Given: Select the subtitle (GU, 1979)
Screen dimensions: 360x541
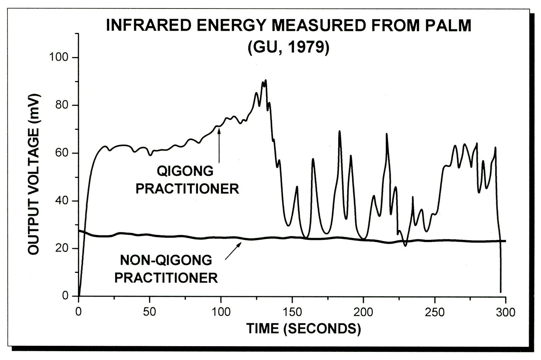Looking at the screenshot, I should click(x=288, y=47).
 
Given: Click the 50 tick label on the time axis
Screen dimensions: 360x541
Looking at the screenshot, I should click(x=150, y=312).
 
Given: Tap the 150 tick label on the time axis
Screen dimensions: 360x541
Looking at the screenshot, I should click(x=292, y=312).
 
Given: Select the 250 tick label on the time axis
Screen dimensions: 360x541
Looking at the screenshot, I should click(x=435, y=312).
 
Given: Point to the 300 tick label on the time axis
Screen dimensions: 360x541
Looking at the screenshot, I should click(x=506, y=312).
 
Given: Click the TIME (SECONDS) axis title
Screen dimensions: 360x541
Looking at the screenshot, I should click(x=304, y=329).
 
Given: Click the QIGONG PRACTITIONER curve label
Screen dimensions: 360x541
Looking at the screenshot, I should click(x=187, y=180).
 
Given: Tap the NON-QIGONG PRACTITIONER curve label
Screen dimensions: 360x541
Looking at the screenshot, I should click(x=166, y=269).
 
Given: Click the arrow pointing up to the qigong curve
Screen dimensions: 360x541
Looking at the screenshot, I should click(x=219, y=145).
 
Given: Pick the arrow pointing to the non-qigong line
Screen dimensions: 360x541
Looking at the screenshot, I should click(x=233, y=251).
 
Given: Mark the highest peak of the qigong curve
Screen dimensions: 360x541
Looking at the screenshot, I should click(x=265, y=80).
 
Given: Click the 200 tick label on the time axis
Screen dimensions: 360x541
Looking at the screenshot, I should click(x=364, y=312).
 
